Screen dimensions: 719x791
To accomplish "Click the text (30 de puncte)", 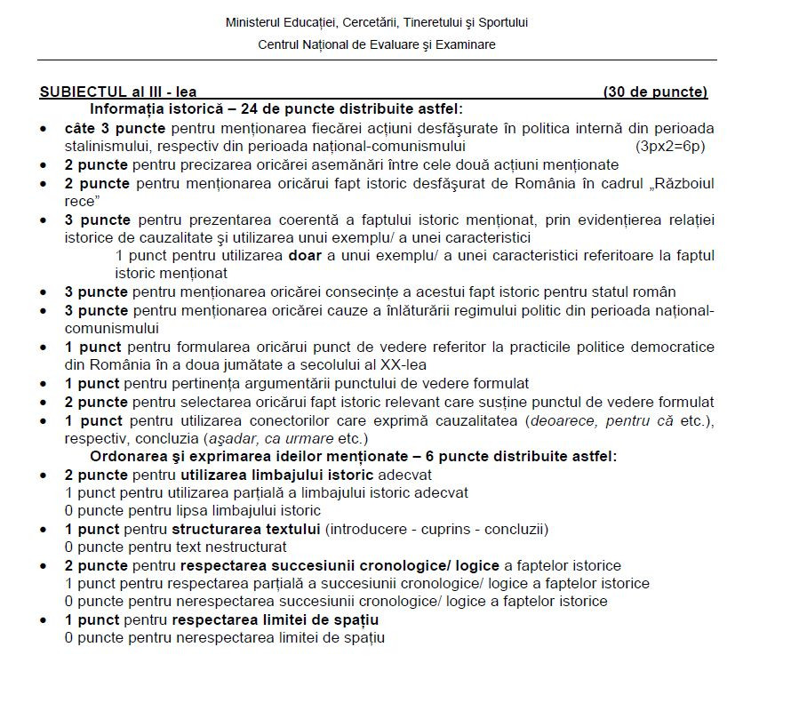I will tap(655, 92).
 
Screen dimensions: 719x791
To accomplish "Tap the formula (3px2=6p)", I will tap(670, 146).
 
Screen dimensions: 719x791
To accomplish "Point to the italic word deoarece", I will tap(564, 420).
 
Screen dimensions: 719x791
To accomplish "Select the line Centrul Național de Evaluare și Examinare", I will tap(377, 44).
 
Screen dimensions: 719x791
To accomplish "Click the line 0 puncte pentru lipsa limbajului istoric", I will tap(192, 510).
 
